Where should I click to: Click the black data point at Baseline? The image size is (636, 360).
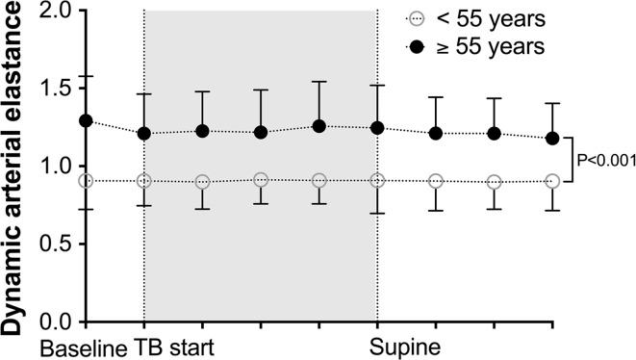tap(86, 121)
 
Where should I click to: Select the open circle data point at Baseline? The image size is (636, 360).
tap(86, 181)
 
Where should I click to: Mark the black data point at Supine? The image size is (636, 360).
tap(377, 128)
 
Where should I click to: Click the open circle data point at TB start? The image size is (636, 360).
tap(144, 181)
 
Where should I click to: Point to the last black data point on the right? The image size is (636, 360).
tap(552, 139)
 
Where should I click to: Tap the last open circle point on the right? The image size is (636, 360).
tap(552, 181)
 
